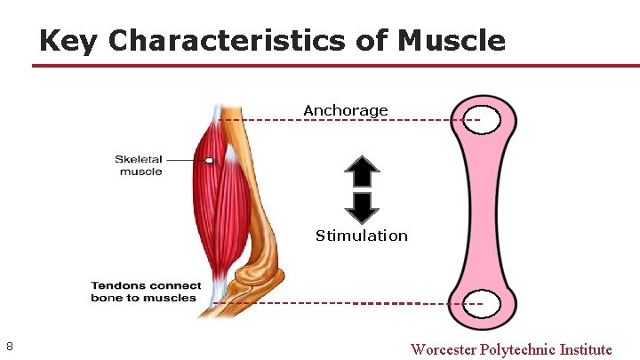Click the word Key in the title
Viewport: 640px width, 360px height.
[x=68, y=40]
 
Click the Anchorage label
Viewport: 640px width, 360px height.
[x=346, y=110]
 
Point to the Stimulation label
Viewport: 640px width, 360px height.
[x=362, y=236]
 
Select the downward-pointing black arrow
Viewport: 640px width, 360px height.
[x=362, y=205]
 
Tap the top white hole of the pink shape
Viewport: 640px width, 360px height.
[x=481, y=120]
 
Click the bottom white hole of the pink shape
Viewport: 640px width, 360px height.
[x=483, y=304]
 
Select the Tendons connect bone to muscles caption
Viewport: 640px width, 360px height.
[x=145, y=292]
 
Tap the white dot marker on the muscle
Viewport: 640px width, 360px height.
[x=209, y=161]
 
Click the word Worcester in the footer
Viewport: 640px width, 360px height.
[x=443, y=349]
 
